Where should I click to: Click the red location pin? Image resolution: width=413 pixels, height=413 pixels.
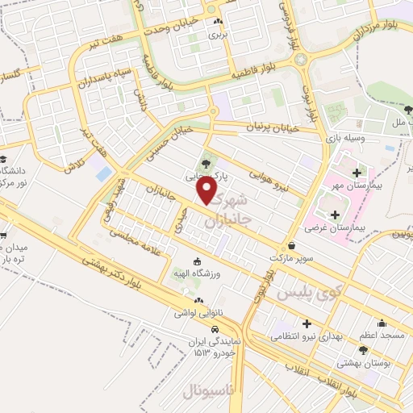click(x=208, y=190)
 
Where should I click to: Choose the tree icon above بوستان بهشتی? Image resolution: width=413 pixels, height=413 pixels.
click(x=363, y=350)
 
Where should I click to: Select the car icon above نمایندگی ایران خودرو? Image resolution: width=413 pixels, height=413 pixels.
click(x=216, y=330)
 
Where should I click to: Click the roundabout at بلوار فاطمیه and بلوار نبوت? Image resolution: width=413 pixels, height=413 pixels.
click(x=301, y=59)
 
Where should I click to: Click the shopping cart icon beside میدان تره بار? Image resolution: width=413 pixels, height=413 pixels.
click(x=4, y=236)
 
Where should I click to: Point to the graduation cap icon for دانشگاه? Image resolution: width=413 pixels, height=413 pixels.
click(x=4, y=159)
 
